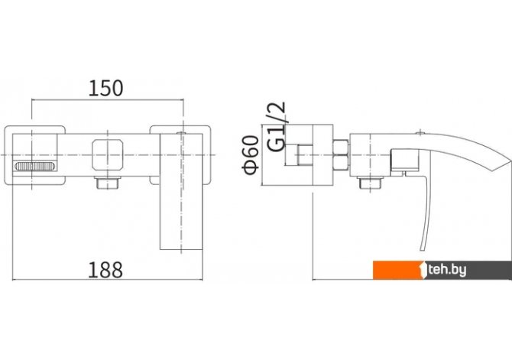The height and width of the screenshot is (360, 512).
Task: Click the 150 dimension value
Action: (x=105, y=88)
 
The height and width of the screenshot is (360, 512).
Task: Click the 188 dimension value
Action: (x=105, y=270)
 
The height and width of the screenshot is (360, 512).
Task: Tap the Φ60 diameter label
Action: (x=251, y=155)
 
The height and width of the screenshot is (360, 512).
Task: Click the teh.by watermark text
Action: (x=447, y=270)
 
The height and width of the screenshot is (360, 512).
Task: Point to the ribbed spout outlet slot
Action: (x=34, y=167)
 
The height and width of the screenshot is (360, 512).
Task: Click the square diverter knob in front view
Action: (x=108, y=155)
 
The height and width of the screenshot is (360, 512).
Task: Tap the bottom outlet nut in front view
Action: (x=108, y=183)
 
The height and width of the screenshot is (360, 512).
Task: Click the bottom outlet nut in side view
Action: (x=371, y=183)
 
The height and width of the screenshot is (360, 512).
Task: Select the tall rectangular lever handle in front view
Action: (x=181, y=192)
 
